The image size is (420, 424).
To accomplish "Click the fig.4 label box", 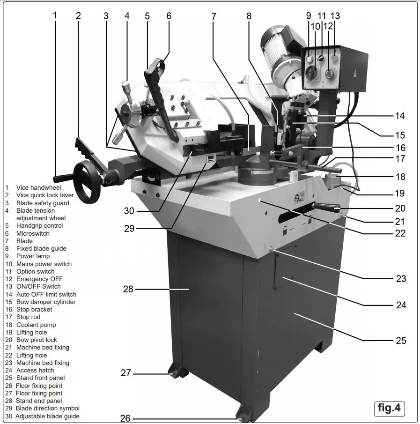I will point(389,408).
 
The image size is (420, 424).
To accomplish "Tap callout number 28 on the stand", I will point(128,290).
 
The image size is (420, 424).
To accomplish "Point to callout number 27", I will point(125,373).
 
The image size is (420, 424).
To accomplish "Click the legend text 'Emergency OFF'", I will point(39,279).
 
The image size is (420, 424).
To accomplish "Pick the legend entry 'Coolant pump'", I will point(36,325).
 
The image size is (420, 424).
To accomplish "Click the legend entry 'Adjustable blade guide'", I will point(47,416).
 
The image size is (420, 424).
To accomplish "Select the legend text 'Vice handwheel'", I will point(38,188).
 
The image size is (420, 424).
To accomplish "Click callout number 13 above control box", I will point(335,15).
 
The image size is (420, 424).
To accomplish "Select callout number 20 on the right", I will point(400,208).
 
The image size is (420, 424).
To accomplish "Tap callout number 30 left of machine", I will point(129,211).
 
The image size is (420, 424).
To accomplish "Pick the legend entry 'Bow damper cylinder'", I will point(46,302).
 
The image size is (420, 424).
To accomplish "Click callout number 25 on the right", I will point(401,341).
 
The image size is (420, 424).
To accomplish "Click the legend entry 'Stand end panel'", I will point(39,401).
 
